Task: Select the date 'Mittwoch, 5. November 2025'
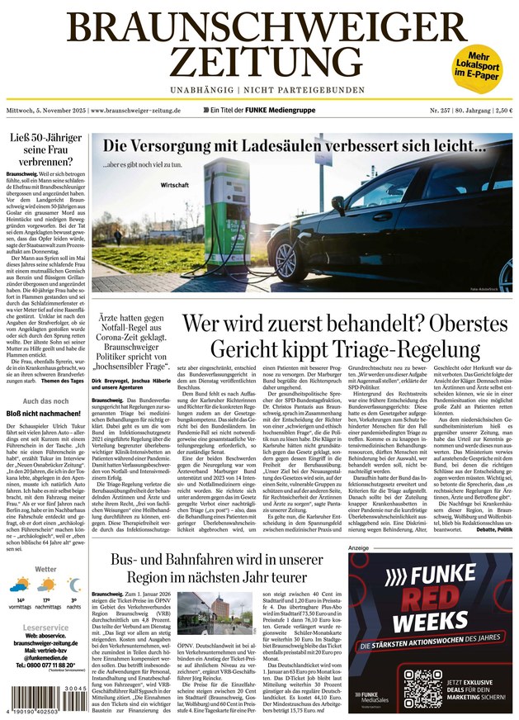pos(46,110)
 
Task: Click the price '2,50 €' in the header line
pos(502,110)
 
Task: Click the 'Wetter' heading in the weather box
pos(46,569)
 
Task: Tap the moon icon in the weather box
pos(73,585)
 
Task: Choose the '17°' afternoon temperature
pos(47,600)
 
